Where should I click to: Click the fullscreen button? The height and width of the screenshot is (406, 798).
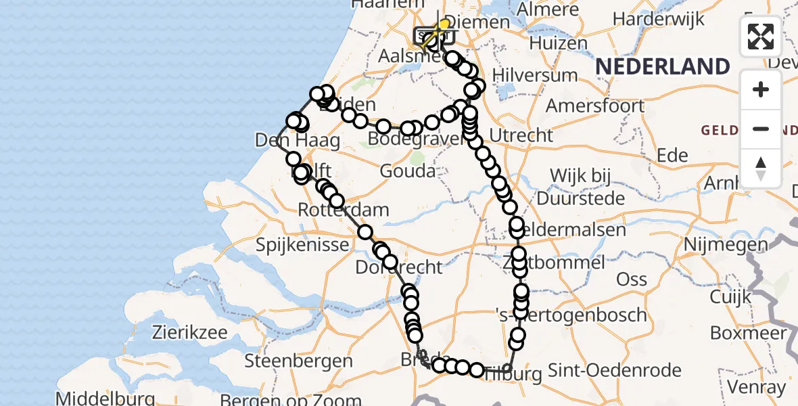pyautogui.click(x=761, y=37)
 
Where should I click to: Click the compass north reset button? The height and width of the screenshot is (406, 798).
pyautogui.click(x=761, y=167)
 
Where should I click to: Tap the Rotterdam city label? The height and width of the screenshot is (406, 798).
pyautogui.click(x=344, y=209)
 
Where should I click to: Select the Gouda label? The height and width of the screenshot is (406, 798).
pyautogui.click(x=407, y=171)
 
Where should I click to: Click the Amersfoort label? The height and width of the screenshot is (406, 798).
pyautogui.click(x=595, y=106)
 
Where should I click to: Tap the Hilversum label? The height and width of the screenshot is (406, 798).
pyautogui.click(x=535, y=74)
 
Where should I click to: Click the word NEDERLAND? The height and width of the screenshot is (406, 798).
pyautogui.click(x=663, y=66)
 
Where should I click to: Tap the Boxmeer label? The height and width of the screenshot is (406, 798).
pyautogui.click(x=749, y=333)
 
